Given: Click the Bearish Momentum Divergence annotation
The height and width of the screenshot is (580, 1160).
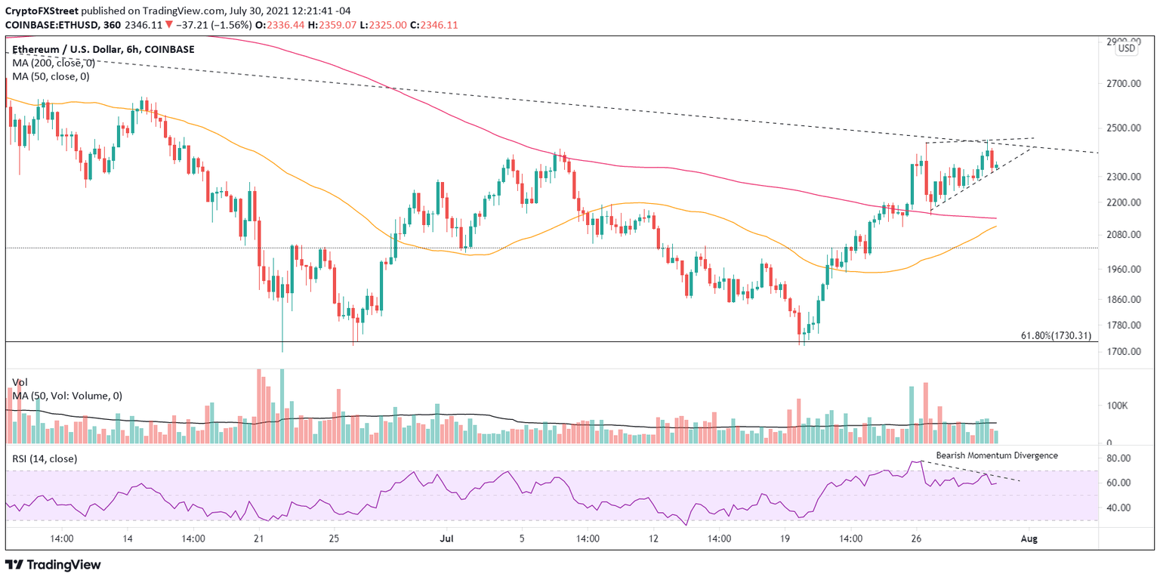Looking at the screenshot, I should pos(997,455).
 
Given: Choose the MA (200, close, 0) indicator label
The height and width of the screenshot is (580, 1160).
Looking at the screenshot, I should pos(54,63).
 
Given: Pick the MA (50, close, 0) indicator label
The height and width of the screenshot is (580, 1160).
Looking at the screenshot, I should pos(51,76).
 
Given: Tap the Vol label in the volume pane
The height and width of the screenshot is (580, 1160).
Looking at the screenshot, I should pos(20,382).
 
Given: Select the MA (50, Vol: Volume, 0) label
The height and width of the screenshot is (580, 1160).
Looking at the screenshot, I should pos(67,396).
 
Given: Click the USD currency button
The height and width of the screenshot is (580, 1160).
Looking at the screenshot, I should pos(1126,48).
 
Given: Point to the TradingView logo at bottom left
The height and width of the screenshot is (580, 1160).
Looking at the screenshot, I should pos(53,565).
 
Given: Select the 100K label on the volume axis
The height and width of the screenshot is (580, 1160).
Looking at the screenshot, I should pos(1117,406).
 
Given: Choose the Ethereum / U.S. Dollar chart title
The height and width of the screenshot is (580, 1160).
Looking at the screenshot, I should pos(103,49).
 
